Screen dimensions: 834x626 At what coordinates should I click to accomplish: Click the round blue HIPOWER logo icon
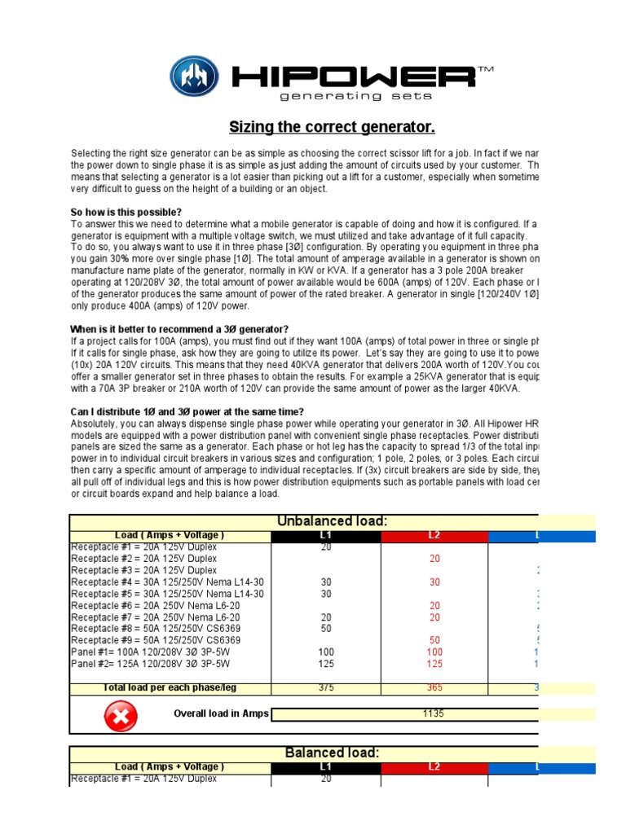(x=194, y=77)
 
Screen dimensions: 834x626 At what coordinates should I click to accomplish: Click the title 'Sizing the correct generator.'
(x=331, y=127)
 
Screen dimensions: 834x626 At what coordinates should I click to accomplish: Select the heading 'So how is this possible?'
(x=126, y=213)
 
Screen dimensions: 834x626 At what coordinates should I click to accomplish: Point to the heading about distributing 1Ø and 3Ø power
(x=187, y=411)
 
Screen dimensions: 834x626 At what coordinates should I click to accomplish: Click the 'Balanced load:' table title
(x=332, y=753)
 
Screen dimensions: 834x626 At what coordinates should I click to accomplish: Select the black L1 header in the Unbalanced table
(x=325, y=536)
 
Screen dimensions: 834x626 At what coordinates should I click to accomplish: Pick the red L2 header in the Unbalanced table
(x=434, y=536)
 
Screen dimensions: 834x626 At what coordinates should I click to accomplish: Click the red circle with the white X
(x=121, y=716)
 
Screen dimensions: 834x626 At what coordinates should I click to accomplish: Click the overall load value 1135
(x=434, y=715)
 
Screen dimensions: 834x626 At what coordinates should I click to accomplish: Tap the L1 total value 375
(x=325, y=688)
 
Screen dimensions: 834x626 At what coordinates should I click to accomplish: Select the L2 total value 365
(x=434, y=688)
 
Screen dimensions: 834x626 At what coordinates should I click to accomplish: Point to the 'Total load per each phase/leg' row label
(x=170, y=688)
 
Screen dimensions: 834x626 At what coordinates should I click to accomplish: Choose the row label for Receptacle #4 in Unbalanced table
(x=167, y=582)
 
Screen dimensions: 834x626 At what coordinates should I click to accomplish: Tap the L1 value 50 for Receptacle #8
(x=325, y=630)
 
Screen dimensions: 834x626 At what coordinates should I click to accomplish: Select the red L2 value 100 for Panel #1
(x=434, y=653)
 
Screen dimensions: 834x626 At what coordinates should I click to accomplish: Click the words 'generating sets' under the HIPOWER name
(x=330, y=96)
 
